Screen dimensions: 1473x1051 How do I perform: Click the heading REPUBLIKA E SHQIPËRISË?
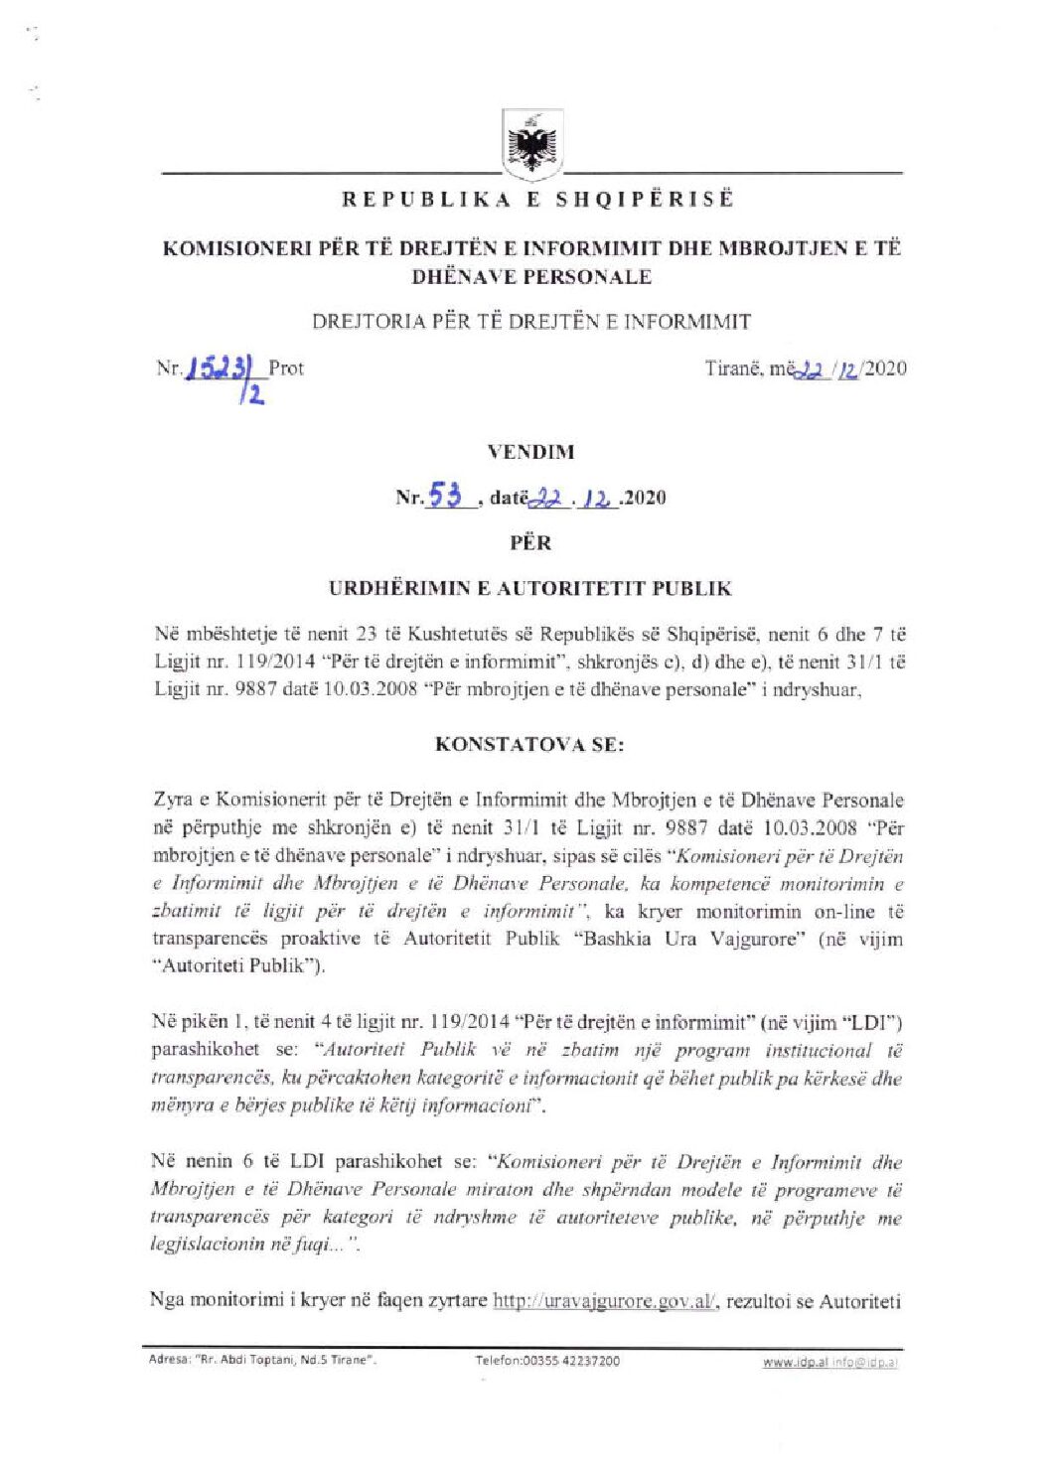click(537, 199)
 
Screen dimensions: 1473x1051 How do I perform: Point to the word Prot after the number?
click(286, 368)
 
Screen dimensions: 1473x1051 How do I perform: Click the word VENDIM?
click(530, 452)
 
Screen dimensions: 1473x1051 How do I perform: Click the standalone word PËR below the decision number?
click(530, 542)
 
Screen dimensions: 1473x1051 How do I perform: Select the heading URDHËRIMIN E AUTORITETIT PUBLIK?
click(530, 588)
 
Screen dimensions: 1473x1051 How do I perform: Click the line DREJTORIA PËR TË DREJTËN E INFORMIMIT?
click(530, 322)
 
